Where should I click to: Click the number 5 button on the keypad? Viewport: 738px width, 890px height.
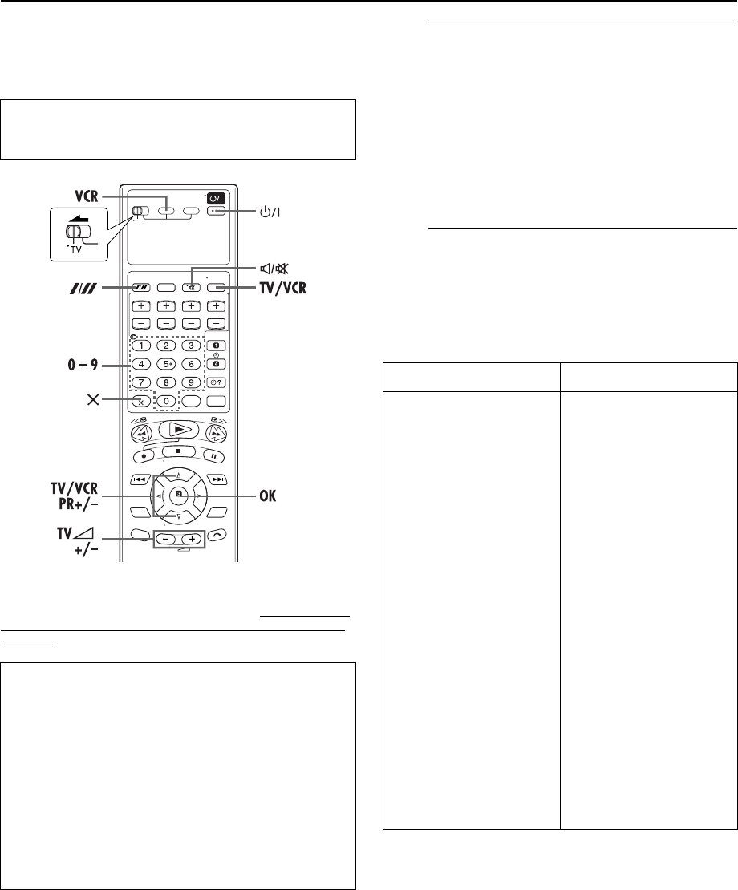(x=166, y=364)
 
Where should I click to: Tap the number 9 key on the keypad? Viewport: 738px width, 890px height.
(x=191, y=382)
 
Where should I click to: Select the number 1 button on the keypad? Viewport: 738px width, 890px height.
(x=141, y=346)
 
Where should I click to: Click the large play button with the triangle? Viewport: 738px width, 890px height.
(x=178, y=430)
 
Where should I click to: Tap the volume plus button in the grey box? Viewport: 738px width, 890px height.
(x=191, y=539)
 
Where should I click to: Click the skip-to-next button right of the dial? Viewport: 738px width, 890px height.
(x=218, y=479)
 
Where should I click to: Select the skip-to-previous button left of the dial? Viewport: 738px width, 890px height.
(x=139, y=479)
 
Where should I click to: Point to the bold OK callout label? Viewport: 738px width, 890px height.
(x=268, y=496)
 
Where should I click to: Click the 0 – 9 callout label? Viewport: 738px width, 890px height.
(x=83, y=364)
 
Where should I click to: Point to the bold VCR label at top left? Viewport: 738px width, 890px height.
(x=87, y=196)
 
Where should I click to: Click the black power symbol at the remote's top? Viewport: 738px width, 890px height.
(x=217, y=199)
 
